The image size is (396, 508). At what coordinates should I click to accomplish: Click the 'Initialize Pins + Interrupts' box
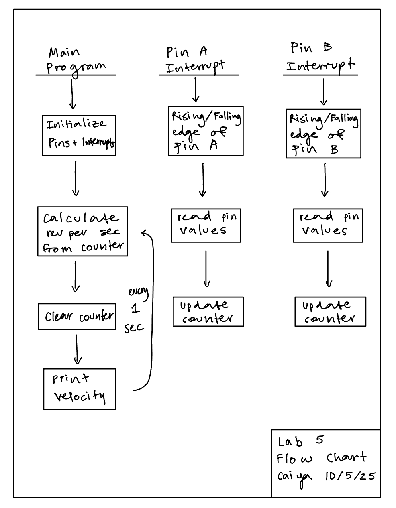pyautogui.click(x=79, y=135)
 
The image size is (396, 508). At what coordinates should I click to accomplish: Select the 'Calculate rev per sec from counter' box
pyautogui.click(x=82, y=231)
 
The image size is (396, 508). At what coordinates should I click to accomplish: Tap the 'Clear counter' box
pyautogui.click(x=77, y=317)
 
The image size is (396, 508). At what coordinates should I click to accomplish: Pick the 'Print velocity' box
pyautogui.click(x=79, y=389)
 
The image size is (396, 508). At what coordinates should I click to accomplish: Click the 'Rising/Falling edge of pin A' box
pyautogui.click(x=206, y=131)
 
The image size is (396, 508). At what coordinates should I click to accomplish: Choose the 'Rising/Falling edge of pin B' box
pyautogui.click(x=323, y=133)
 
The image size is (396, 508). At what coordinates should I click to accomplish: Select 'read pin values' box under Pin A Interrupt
pyautogui.click(x=206, y=225)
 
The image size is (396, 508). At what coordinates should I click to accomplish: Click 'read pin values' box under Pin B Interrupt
pyautogui.click(x=327, y=225)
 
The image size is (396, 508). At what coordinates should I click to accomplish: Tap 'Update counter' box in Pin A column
pyautogui.click(x=208, y=311)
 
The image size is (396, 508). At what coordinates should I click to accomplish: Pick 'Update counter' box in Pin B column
pyautogui.click(x=330, y=311)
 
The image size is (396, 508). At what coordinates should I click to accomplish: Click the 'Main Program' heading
pyautogui.click(x=76, y=61)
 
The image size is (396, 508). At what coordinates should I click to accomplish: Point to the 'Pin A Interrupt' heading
pyautogui.click(x=195, y=60)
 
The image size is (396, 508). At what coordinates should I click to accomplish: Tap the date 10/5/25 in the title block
pyautogui.click(x=349, y=476)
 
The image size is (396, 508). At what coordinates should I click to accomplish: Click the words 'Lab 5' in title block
pyautogui.click(x=301, y=441)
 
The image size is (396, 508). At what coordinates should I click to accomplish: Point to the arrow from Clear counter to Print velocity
pyautogui.click(x=77, y=349)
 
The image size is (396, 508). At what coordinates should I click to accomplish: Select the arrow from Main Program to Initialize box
pyautogui.click(x=72, y=94)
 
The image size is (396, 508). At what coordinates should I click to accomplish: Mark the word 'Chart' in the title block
pyautogui.click(x=346, y=458)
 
